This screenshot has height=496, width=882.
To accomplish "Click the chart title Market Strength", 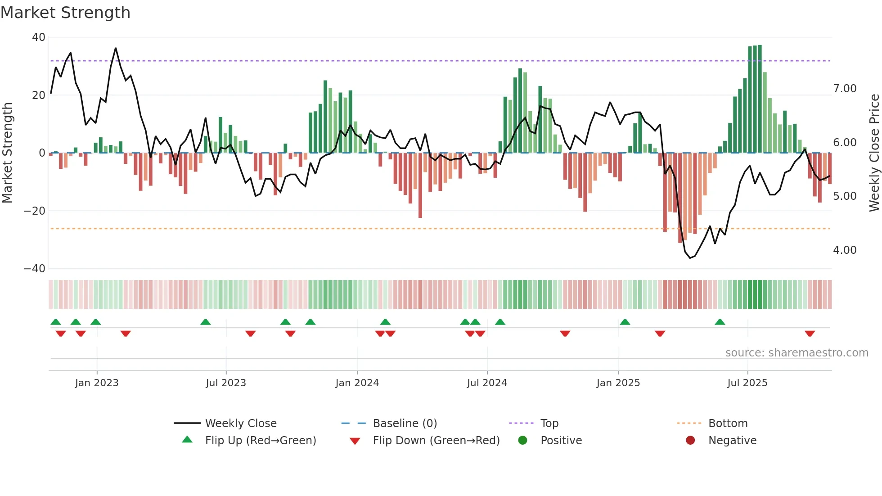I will [x=66, y=13].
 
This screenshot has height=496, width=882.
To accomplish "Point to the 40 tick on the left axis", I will [x=39, y=37].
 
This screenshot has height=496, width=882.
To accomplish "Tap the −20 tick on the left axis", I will [x=35, y=211].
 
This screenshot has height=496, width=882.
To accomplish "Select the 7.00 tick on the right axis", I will [x=845, y=89].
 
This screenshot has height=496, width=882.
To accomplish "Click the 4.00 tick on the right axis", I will [x=845, y=250].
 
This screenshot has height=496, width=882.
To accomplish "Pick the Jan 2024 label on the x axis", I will [x=357, y=383].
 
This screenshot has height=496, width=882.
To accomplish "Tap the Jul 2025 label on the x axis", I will [x=747, y=383].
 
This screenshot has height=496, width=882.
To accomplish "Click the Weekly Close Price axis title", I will [x=874, y=153].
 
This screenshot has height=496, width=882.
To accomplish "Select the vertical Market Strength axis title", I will [x=7, y=153].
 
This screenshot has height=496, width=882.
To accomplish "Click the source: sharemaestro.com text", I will [x=796, y=353].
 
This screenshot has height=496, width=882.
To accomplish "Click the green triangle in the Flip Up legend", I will [x=187, y=440].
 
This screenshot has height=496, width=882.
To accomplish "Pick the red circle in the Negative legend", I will [x=690, y=440].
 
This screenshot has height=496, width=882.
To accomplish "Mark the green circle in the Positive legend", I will [x=522, y=440].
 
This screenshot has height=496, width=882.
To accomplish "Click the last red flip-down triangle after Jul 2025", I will [x=810, y=334].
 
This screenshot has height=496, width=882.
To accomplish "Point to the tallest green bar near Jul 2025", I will [x=760, y=99].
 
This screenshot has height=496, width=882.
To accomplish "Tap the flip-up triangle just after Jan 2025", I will [x=625, y=322].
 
